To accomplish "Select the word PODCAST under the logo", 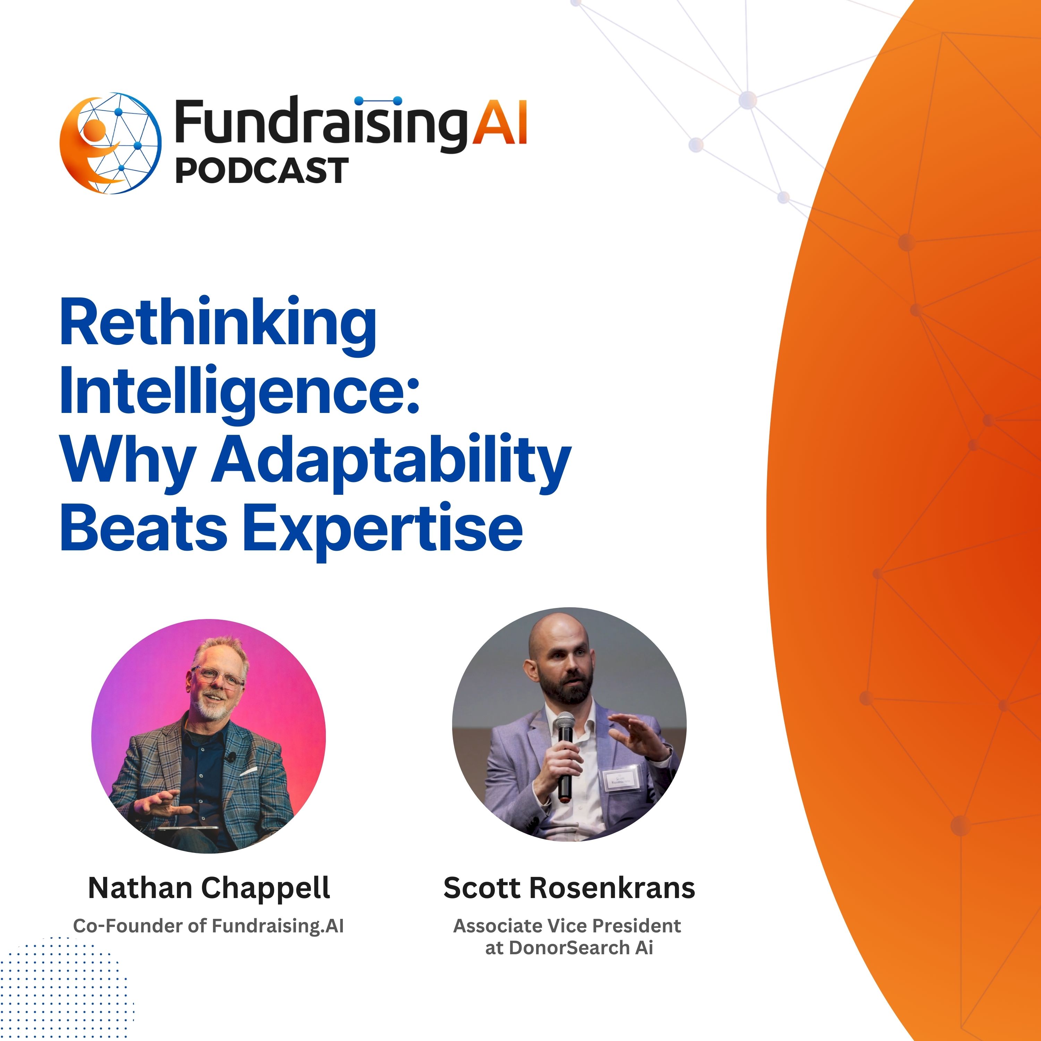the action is click(262, 170).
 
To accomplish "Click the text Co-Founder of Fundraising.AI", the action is click(209, 926).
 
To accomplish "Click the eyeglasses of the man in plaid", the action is click(218, 677).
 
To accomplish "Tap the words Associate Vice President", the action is click(567, 926).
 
